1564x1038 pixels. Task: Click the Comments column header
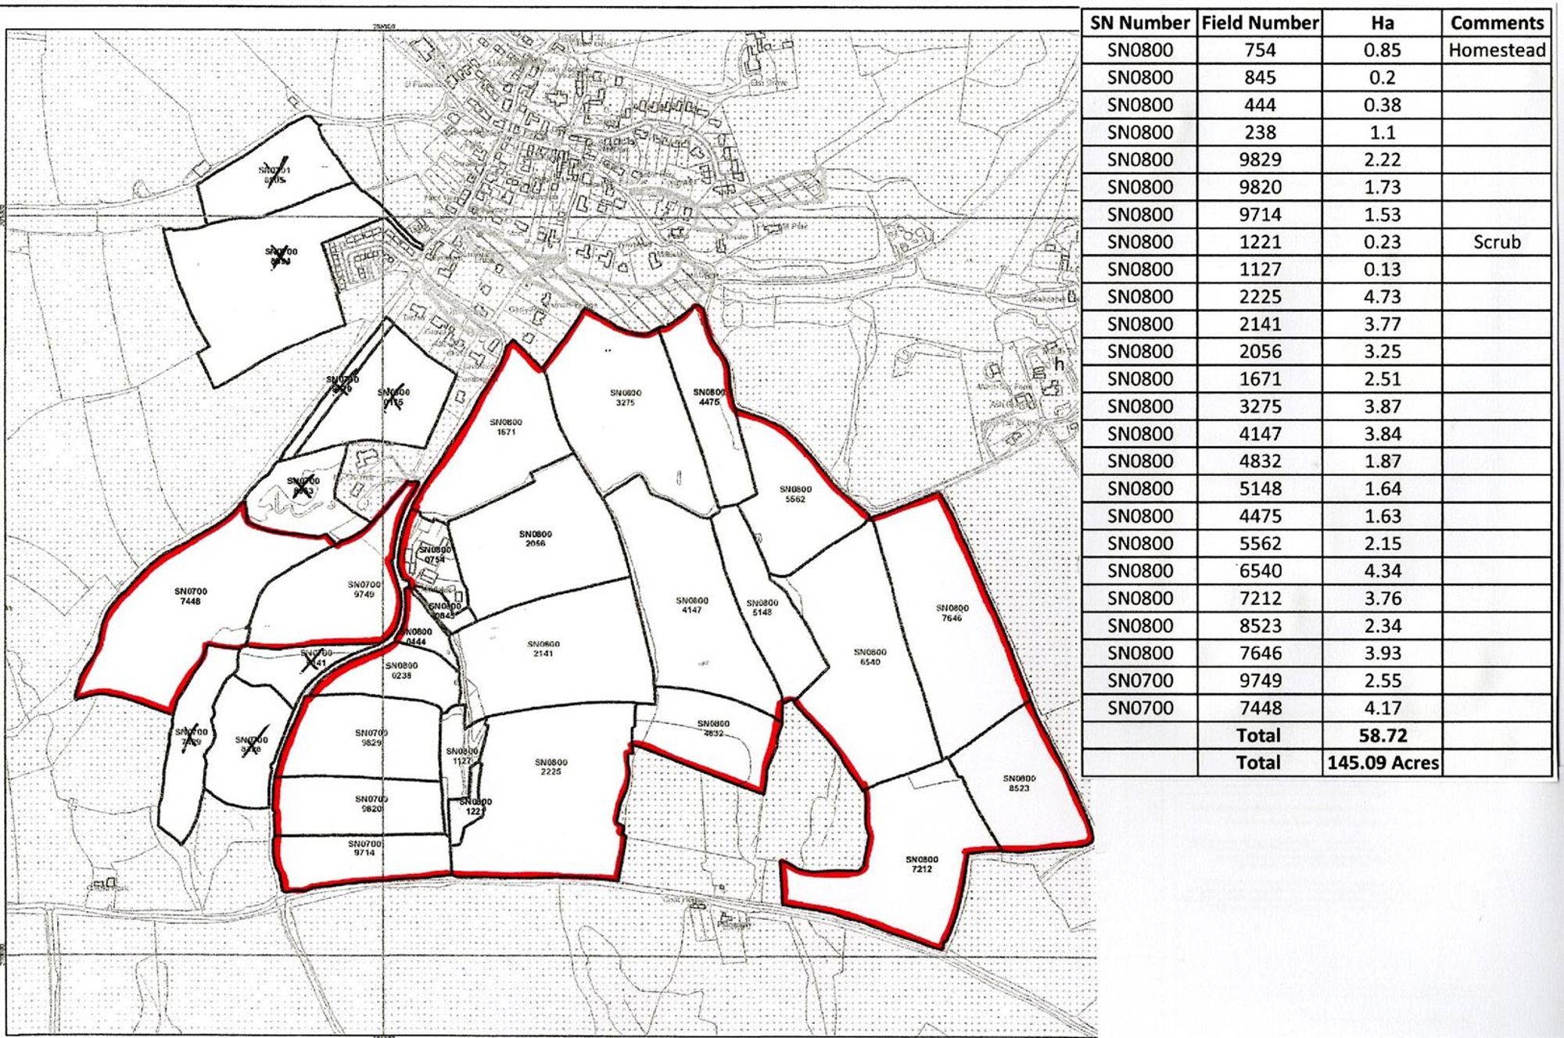tap(1496, 23)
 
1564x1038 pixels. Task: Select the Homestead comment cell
tap(1496, 50)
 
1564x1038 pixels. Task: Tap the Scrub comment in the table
tap(1496, 242)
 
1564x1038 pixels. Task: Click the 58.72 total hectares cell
tap(1382, 736)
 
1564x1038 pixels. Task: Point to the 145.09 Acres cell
tap(1382, 763)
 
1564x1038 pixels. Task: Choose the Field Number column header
tap(1260, 23)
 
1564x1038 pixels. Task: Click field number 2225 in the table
tap(1260, 297)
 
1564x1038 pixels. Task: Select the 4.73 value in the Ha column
tap(1382, 297)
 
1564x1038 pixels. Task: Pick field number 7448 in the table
tap(1260, 708)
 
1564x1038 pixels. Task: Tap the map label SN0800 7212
tap(921, 864)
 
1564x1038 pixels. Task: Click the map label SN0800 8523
tap(1019, 783)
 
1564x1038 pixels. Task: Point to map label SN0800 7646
tap(952, 613)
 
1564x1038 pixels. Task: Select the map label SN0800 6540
tap(870, 657)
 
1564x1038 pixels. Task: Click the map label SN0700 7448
tap(191, 596)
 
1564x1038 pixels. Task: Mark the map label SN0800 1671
tap(506, 427)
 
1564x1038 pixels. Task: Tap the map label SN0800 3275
tap(626, 398)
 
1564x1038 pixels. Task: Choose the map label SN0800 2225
tap(551, 767)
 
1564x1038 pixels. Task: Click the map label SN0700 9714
tap(364, 848)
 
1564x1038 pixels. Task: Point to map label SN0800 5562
tap(795, 494)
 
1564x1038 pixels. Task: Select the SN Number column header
tap(1139, 23)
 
